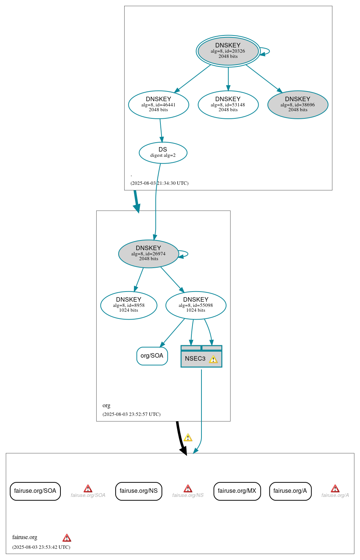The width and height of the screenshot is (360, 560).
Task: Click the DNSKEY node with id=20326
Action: pyautogui.click(x=228, y=51)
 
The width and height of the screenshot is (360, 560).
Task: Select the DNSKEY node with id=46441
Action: pyautogui.click(x=159, y=105)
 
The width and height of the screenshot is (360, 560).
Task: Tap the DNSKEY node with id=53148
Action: pyautogui.click(x=228, y=105)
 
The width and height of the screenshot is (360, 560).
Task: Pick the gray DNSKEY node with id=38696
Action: pyautogui.click(x=298, y=105)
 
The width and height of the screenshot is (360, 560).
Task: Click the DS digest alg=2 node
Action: pyautogui.click(x=163, y=153)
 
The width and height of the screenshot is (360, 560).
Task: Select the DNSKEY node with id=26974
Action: pyautogui.click(x=148, y=254)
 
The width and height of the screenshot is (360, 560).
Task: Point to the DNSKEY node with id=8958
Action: pyautogui.click(x=129, y=305)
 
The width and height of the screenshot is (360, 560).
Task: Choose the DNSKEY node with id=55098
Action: pyautogui.click(x=196, y=305)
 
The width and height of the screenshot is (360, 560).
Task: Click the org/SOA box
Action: pyautogui.click(x=152, y=356)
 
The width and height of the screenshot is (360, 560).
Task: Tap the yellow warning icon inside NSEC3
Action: pyautogui.click(x=213, y=360)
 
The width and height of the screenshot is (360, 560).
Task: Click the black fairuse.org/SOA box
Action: pyautogui.click(x=35, y=491)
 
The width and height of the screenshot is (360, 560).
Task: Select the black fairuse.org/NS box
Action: pyautogui.click(x=139, y=491)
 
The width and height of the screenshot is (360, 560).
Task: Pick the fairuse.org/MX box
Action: pyautogui.click(x=237, y=491)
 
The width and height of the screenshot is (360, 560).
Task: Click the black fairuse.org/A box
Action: pyautogui.click(x=290, y=491)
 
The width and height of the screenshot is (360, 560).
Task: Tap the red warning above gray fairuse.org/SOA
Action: pyautogui.click(x=88, y=489)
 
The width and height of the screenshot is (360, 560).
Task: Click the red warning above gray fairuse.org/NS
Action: pyautogui.click(x=188, y=489)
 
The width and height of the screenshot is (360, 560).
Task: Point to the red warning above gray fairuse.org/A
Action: pyautogui.click(x=335, y=489)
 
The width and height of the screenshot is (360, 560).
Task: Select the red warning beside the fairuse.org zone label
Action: pyautogui.click(x=67, y=538)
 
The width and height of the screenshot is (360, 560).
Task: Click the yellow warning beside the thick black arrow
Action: pyautogui.click(x=188, y=438)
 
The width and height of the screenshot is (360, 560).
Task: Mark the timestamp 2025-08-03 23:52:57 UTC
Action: pyautogui.click(x=131, y=414)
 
